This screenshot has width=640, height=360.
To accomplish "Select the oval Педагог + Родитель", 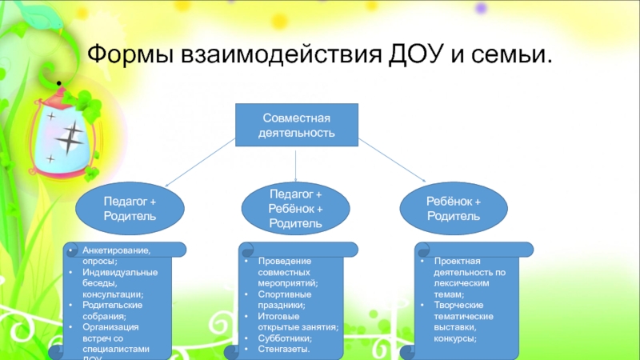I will pyautogui.click(x=130, y=210).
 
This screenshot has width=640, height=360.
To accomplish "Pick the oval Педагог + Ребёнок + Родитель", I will pyautogui.click(x=296, y=209).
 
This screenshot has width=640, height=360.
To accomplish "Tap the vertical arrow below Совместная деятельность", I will pyautogui.click(x=297, y=165).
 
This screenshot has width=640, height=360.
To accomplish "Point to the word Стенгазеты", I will pyautogui.click(x=283, y=350).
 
